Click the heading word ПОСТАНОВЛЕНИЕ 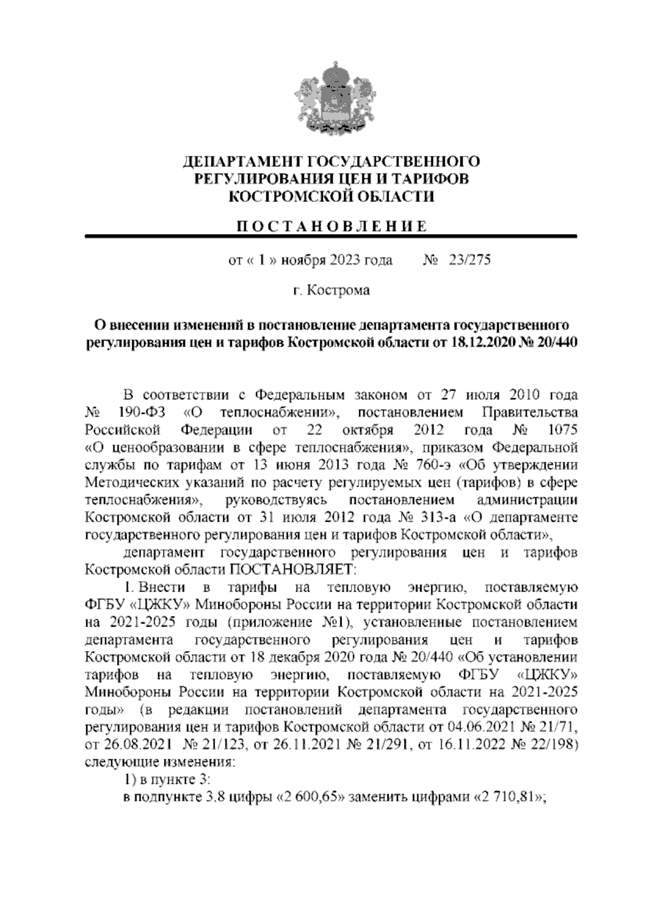point(332,226)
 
